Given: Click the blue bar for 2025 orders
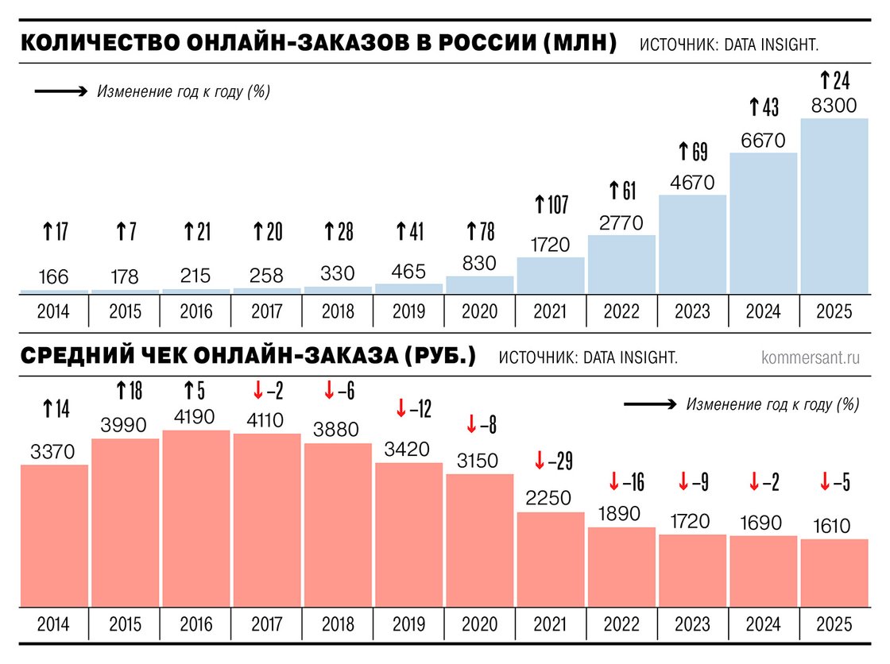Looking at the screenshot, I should click(834, 207).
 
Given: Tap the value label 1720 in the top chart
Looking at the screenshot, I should click(550, 244).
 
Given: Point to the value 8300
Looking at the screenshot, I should click(834, 106).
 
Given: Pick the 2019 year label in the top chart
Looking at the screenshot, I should click(408, 311).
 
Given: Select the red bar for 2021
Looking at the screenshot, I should click(550, 560).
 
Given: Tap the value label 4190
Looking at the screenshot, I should click(195, 416).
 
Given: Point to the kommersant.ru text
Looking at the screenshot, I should click(810, 357).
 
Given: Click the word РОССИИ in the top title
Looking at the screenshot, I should click(471, 43).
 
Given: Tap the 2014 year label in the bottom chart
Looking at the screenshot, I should click(53, 625).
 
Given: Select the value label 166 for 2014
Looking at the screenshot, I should click(53, 277).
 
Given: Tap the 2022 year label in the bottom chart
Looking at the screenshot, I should click(621, 625).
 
